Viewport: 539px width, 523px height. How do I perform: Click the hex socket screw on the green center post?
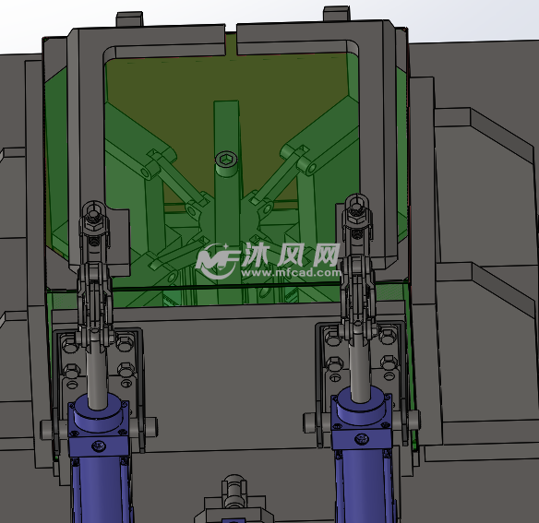coord(226,160)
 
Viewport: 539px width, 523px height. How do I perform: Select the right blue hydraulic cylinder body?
coord(363,457)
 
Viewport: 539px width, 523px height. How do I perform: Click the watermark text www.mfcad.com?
coord(291,272)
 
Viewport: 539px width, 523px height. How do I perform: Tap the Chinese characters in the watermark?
coord(291,255)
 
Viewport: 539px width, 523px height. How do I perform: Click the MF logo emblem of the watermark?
coord(217,261)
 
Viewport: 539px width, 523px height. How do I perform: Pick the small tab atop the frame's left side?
coord(129,19)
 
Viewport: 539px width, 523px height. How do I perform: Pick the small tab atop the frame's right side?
coord(337,14)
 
